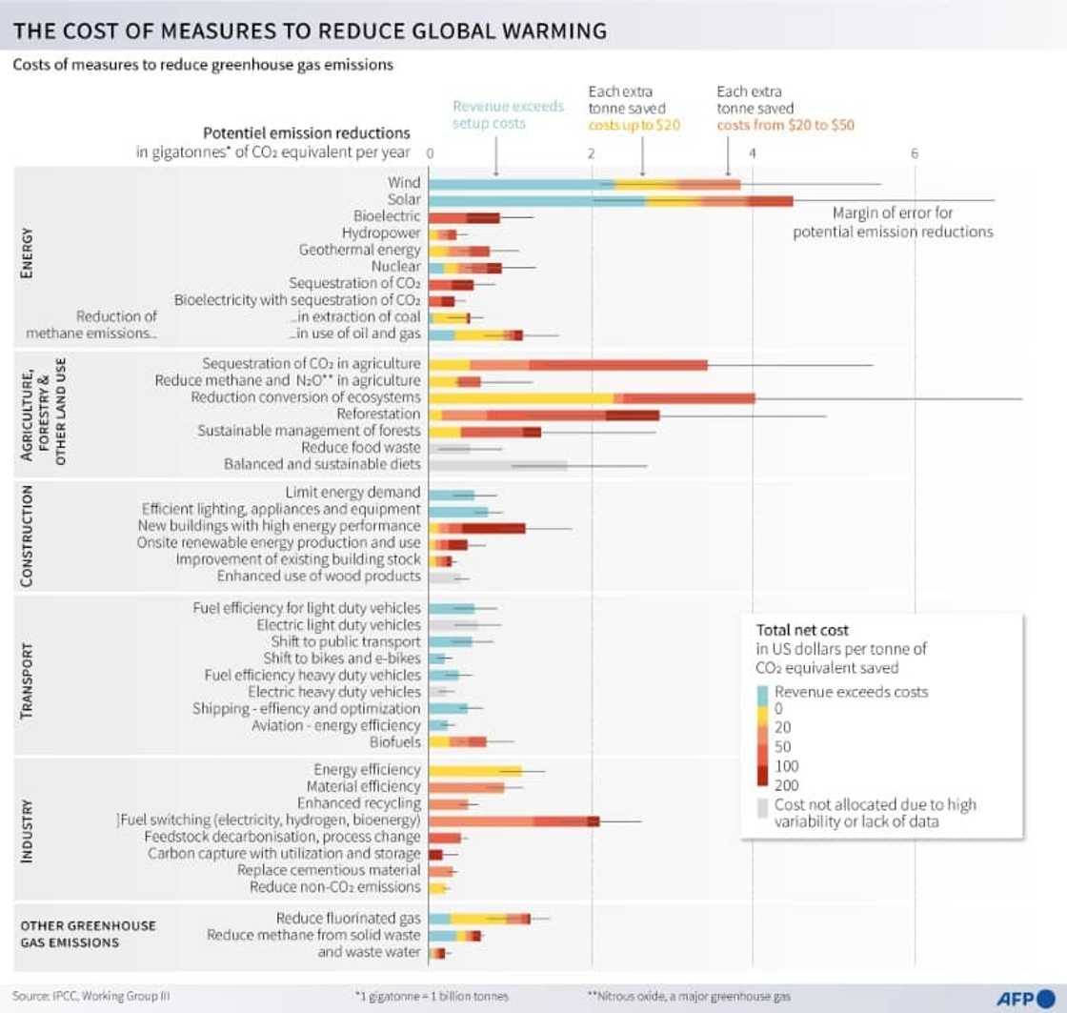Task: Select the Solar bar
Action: (611, 200)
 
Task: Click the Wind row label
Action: (403, 183)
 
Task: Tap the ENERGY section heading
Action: (27, 253)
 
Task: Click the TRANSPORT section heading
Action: (27, 680)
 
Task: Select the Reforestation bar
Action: (544, 415)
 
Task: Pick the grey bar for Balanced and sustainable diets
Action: (498, 465)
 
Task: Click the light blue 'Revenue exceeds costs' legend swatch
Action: (762, 693)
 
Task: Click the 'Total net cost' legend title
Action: (802, 630)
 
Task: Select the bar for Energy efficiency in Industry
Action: (475, 770)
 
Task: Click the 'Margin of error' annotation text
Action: (893, 223)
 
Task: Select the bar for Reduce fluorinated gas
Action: (479, 919)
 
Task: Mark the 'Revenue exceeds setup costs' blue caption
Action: (508, 115)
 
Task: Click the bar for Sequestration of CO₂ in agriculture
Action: (568, 364)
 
